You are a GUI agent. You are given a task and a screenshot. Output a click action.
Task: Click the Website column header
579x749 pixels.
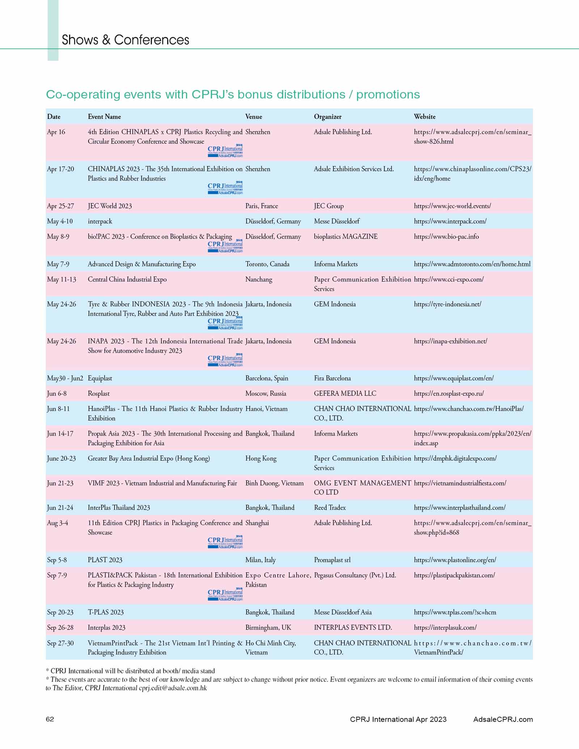(x=424, y=116)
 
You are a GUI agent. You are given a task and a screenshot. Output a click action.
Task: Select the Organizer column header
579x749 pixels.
(x=327, y=116)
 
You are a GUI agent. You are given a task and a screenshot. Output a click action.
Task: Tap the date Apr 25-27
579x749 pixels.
(x=60, y=206)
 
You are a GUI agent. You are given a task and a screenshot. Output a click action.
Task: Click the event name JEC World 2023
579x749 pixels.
(x=110, y=206)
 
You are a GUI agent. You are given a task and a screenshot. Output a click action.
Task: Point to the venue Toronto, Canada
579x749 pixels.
(x=267, y=264)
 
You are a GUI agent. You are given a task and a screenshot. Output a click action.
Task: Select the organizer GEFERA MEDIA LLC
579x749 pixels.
(x=345, y=393)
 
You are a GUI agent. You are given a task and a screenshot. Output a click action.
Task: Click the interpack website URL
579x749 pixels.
(x=450, y=221)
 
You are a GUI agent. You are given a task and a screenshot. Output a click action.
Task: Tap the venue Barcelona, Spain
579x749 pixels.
(x=267, y=378)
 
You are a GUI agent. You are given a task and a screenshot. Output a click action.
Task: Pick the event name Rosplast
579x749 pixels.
(x=98, y=393)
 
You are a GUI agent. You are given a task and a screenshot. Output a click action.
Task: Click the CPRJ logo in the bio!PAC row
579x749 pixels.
(x=225, y=246)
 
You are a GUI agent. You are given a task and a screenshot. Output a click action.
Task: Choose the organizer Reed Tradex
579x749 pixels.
(x=330, y=507)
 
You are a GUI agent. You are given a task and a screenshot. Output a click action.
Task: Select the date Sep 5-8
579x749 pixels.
(x=57, y=560)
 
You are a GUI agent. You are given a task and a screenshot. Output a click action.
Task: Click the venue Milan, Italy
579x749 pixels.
(x=260, y=560)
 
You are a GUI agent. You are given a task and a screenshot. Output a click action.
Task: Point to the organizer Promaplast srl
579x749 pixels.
(x=332, y=560)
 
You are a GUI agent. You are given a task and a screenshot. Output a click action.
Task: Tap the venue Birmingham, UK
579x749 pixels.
(x=268, y=627)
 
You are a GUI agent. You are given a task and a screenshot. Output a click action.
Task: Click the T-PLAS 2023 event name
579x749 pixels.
(x=106, y=612)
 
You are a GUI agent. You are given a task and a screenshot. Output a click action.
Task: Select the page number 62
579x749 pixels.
(x=50, y=719)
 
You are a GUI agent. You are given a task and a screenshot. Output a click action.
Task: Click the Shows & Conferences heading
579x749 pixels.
(x=125, y=40)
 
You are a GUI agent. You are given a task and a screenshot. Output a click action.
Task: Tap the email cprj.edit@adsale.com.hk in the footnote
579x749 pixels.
(x=173, y=688)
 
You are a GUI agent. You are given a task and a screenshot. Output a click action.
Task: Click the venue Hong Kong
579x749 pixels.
(x=261, y=458)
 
